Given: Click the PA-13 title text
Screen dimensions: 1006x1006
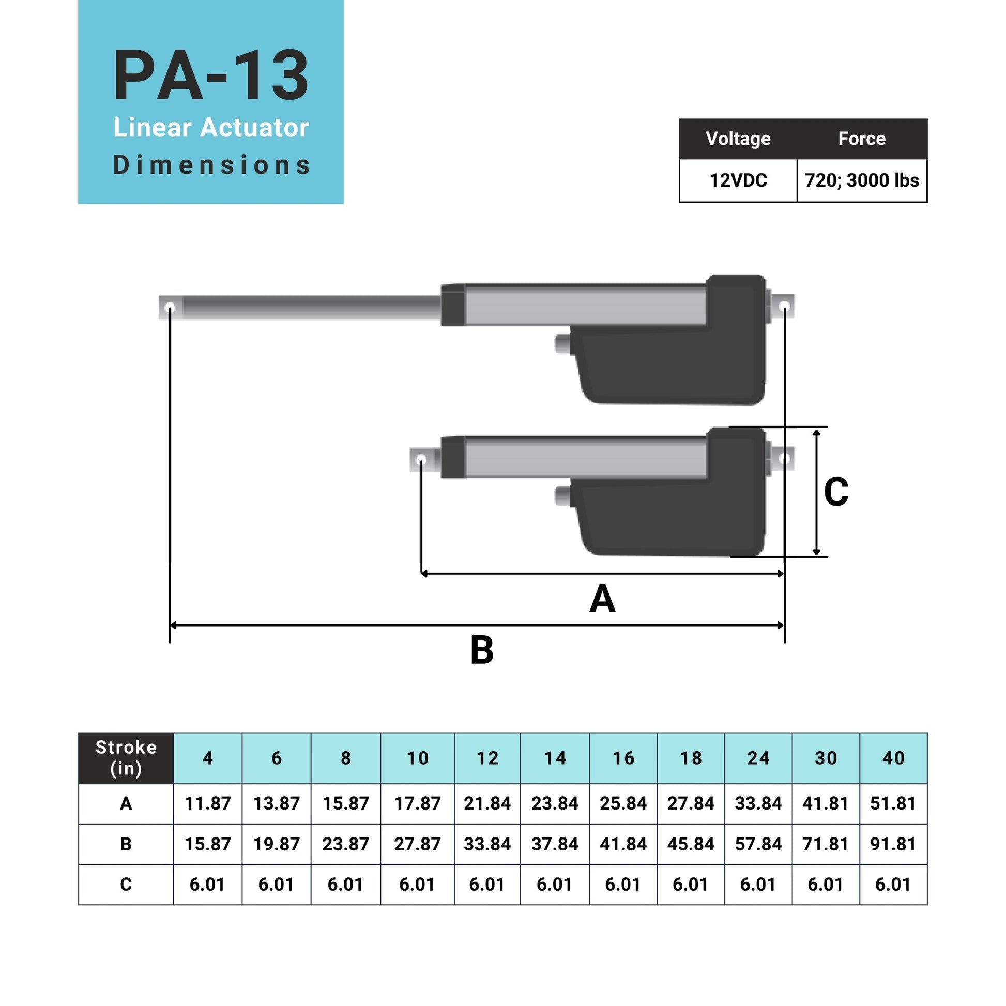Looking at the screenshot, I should click(x=211, y=76).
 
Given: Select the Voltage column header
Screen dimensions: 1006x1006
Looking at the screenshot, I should click(x=738, y=139).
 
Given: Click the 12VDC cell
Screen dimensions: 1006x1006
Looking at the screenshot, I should click(x=738, y=180).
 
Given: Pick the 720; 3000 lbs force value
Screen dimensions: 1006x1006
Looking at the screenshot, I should click(x=862, y=180).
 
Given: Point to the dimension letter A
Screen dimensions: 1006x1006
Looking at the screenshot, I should click(x=602, y=599).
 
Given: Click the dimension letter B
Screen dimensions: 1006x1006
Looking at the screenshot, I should click(x=482, y=650).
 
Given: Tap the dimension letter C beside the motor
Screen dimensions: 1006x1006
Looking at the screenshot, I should click(x=836, y=491).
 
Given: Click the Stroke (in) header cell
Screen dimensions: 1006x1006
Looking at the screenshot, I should click(x=126, y=758).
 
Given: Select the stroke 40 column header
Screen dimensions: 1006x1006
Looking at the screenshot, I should click(x=893, y=758).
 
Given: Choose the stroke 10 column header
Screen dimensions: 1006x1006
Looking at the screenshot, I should click(x=417, y=758).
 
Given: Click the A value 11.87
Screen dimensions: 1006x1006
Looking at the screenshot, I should click(x=207, y=803).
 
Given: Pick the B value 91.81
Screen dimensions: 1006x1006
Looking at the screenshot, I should click(x=893, y=844).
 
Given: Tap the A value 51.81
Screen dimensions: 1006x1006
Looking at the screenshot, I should click(x=893, y=803).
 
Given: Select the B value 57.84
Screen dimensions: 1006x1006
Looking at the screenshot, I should click(x=758, y=844).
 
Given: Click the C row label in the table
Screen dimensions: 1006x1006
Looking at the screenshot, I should click(x=126, y=885).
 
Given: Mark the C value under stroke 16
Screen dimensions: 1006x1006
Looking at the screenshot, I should click(x=623, y=885).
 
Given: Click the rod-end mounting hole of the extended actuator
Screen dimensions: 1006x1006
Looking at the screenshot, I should click(x=170, y=308).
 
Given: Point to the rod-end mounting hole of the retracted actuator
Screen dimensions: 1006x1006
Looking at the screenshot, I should click(x=422, y=460).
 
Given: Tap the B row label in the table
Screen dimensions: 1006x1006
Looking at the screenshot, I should click(x=126, y=844).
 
